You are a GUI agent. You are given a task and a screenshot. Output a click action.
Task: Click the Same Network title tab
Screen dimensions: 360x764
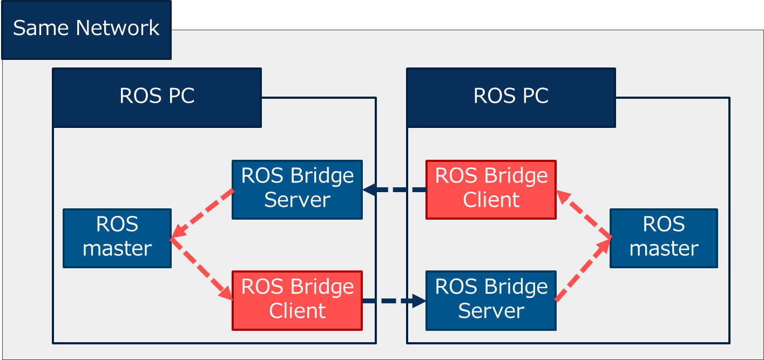[86, 29]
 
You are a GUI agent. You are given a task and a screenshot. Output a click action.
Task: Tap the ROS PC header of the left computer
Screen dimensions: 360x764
[157, 97]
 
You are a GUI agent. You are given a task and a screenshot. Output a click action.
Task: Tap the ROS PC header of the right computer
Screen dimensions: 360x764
[511, 97]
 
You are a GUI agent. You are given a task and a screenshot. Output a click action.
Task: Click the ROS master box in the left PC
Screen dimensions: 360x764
[117, 238]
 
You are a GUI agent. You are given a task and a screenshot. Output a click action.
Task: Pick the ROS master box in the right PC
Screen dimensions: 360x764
[664, 238]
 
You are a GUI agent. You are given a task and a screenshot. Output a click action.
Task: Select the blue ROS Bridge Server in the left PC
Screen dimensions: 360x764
[297, 189]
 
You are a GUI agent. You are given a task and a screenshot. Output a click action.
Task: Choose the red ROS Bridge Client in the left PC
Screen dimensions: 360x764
[297, 300]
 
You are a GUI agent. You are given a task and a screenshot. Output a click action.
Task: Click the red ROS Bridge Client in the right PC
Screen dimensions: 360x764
[491, 189]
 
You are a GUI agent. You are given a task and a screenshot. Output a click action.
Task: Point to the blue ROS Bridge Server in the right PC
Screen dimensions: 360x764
[491, 300]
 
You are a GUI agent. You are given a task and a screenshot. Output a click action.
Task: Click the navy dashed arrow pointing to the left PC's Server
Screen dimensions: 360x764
[394, 190]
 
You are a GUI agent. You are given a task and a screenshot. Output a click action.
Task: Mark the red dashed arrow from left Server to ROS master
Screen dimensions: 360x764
[201, 214]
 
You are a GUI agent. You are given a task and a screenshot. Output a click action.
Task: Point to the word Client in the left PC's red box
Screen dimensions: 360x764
[297, 311]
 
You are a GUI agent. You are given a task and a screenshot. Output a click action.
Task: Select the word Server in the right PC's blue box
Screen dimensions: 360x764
[491, 311]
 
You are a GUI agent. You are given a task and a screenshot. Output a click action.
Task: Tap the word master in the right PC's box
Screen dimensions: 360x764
[664, 249]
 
